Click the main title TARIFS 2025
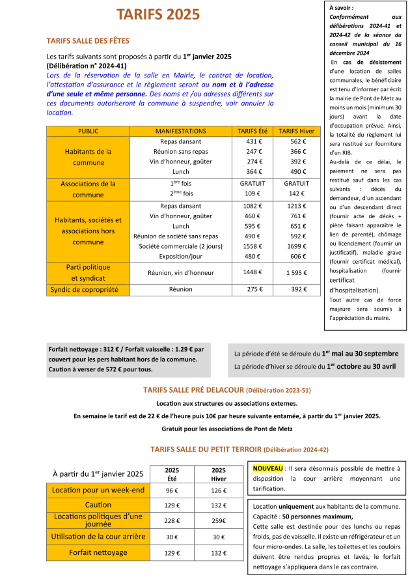[158, 15]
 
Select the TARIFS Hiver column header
[296, 131]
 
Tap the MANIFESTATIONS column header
[181, 131]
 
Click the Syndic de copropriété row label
[89, 289]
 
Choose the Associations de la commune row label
[89, 189]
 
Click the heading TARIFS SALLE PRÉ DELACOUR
[193, 390]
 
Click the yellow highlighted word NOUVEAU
[267, 468]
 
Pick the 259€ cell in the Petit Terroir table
[219, 520]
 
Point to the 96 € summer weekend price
[172, 490]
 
